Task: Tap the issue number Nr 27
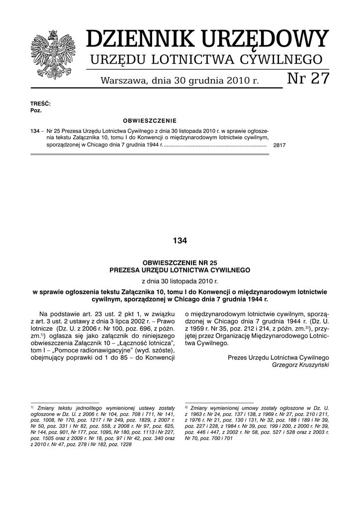click(x=308, y=78)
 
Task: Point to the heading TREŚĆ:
click(x=41, y=103)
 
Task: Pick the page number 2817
click(x=279, y=146)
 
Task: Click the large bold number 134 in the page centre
click(x=180, y=241)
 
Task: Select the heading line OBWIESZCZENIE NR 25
click(x=180, y=261)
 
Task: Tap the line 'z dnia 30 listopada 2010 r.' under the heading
click(x=180, y=281)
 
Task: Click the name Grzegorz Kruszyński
click(x=300, y=364)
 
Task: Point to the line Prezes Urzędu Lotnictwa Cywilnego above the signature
click(x=278, y=357)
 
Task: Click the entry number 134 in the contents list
click(x=35, y=130)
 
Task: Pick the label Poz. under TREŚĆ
click(x=36, y=110)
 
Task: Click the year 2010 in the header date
click(x=235, y=80)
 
